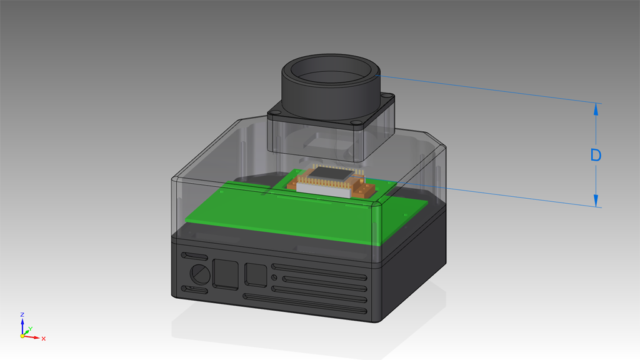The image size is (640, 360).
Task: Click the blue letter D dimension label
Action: click(x=596, y=155)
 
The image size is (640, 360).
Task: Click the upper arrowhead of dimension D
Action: click(x=596, y=109)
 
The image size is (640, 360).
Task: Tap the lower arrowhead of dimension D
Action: click(x=596, y=201)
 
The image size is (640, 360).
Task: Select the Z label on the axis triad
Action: click(x=22, y=315)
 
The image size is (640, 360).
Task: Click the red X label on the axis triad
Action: click(x=43, y=339)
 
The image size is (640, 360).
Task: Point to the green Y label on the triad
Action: click(x=31, y=329)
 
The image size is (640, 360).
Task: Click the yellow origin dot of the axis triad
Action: click(x=22, y=336)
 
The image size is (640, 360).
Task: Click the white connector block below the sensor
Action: click(x=323, y=190)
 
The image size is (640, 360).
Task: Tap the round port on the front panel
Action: click(x=200, y=274)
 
